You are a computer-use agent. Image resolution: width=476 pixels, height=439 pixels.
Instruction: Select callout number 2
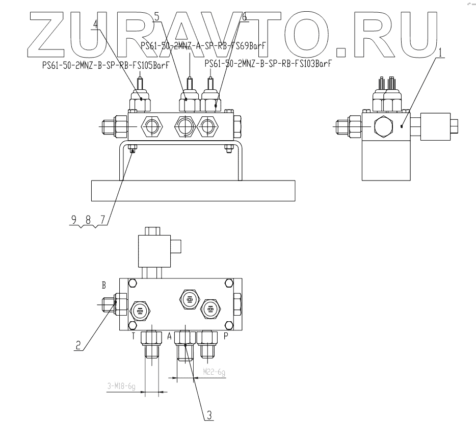coord(77,345)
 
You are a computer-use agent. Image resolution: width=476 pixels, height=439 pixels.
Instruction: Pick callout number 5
coord(156,17)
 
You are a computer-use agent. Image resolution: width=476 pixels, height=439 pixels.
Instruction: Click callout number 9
coord(74,220)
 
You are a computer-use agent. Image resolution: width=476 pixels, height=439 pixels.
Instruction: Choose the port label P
coord(225,337)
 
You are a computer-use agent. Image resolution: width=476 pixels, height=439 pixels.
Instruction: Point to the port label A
coord(170,337)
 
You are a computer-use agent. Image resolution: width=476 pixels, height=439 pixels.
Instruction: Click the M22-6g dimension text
coord(214,373)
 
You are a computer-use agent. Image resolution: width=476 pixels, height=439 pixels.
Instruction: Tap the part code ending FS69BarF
coord(204,45)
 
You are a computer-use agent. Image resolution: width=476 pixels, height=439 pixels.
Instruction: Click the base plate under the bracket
coord(193,191)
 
